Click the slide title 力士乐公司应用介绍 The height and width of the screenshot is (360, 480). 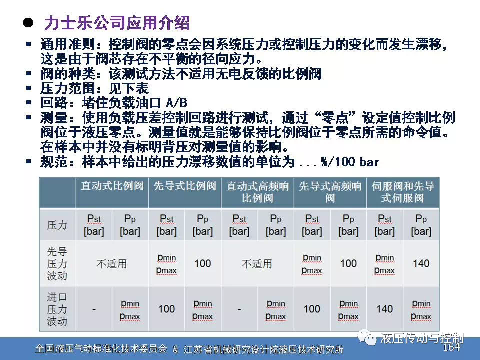point(117,23)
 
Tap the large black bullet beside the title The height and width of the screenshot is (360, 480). point(28,23)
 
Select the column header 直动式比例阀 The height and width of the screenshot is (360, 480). point(112,186)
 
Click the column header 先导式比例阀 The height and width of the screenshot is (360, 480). point(185,186)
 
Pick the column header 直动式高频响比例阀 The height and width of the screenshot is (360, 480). point(257,192)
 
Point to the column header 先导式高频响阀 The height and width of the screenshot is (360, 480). point(330,192)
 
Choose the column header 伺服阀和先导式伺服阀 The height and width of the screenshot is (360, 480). point(403,192)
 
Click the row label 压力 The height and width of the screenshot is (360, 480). point(57,225)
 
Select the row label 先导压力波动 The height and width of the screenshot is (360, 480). point(57,264)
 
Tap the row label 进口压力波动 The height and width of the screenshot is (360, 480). point(57,309)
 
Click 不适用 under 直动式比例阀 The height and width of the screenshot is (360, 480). point(111,264)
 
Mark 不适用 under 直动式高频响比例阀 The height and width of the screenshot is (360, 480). point(257,264)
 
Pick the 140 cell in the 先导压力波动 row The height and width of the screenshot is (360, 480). point(421,263)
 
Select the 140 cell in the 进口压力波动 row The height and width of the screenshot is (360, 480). point(385,309)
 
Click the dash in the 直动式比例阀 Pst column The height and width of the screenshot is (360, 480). point(94,310)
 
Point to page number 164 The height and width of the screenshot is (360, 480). point(451,347)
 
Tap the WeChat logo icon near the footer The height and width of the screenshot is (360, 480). point(367,337)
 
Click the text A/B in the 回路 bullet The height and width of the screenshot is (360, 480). point(176,103)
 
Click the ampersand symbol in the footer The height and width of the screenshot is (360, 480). point(175,349)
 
